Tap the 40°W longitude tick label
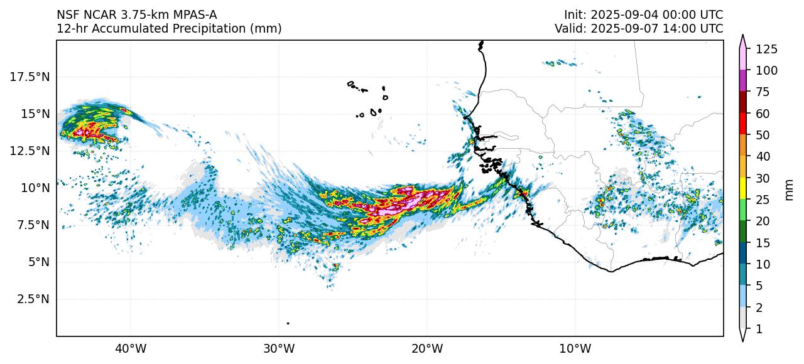tap(131, 348)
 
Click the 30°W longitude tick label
tap(279, 348)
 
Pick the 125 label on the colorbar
tap(766, 49)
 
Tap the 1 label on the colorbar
tap(759, 329)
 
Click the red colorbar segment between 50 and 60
tap(743, 124)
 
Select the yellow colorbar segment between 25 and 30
tap(743, 189)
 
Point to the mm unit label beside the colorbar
tap(790, 189)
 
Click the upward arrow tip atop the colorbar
tap(743, 36)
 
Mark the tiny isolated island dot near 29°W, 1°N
tap(288, 323)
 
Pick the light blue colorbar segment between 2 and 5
tap(743, 296)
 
